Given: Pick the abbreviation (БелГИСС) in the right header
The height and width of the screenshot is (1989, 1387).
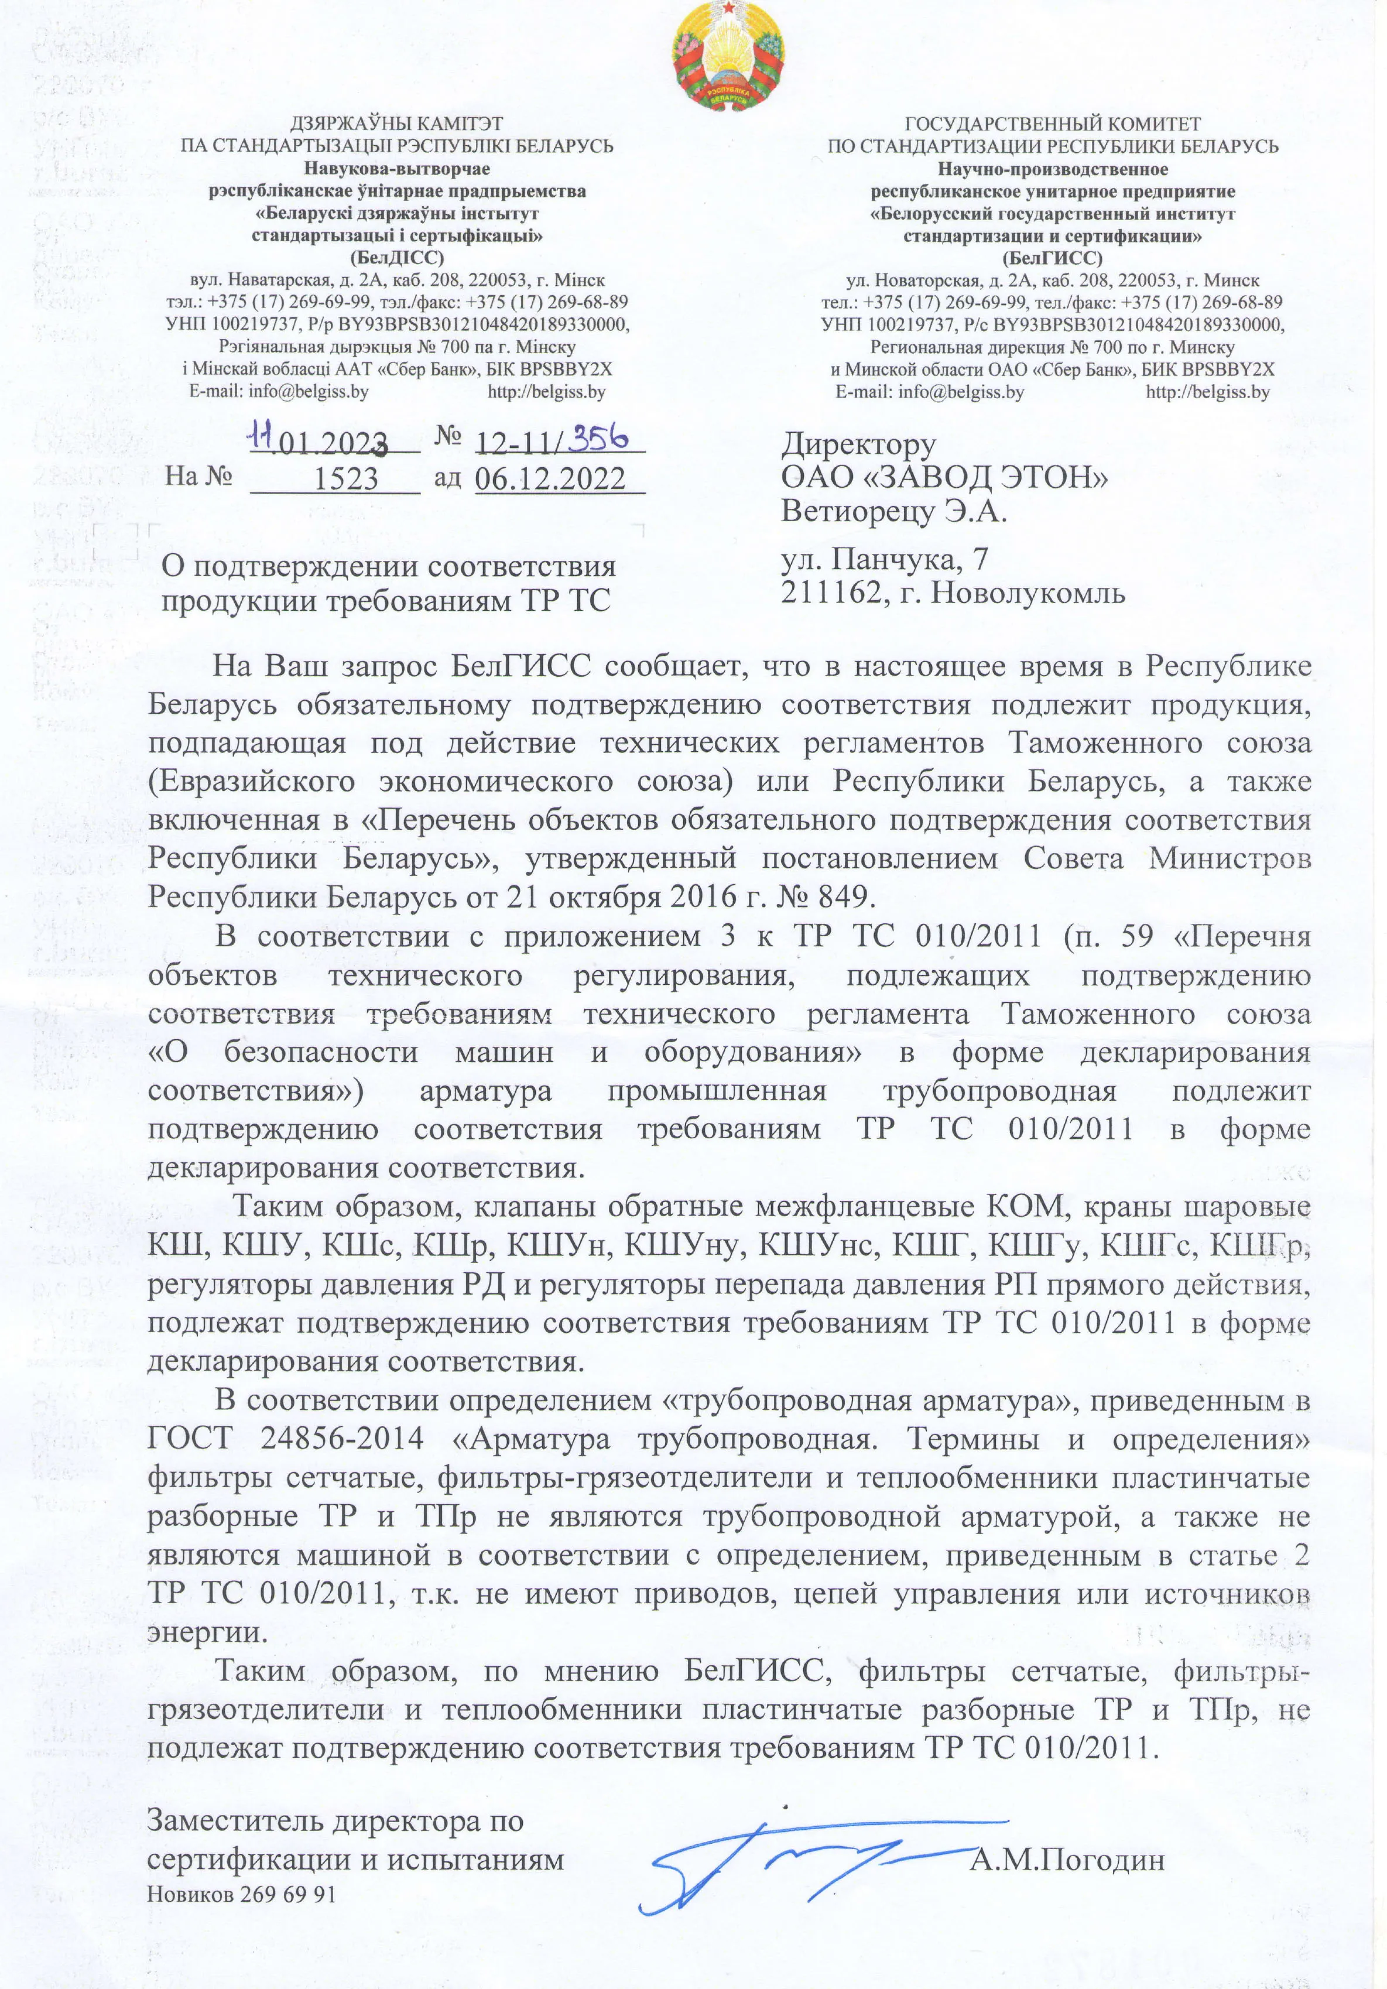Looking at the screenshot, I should [x=1053, y=258].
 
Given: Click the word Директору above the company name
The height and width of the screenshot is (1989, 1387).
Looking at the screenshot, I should [x=858, y=444].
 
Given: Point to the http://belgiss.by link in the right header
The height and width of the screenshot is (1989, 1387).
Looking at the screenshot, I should [x=1208, y=392].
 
